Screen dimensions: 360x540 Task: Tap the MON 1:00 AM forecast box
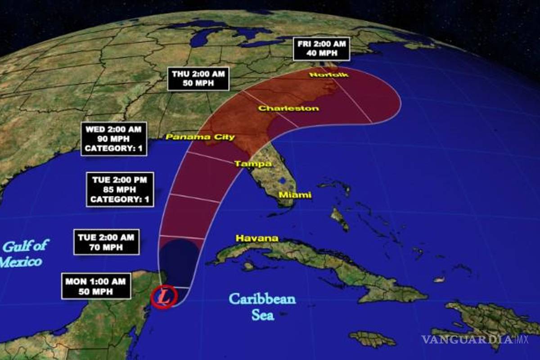coord(95,286)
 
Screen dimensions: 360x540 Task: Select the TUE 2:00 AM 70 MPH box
coord(106,242)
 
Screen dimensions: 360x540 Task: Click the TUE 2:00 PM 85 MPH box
coord(120,189)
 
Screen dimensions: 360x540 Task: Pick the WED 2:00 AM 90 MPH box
coord(114,139)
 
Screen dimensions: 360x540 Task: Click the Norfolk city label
coord(329,75)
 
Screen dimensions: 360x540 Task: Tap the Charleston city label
coord(288,108)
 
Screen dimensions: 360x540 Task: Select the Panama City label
coord(200,137)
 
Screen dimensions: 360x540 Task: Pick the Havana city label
coord(257,238)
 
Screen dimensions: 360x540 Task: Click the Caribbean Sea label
coord(262,306)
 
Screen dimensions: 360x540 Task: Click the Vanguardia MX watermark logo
coord(475,339)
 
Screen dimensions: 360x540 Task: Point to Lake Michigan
coord(198,38)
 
